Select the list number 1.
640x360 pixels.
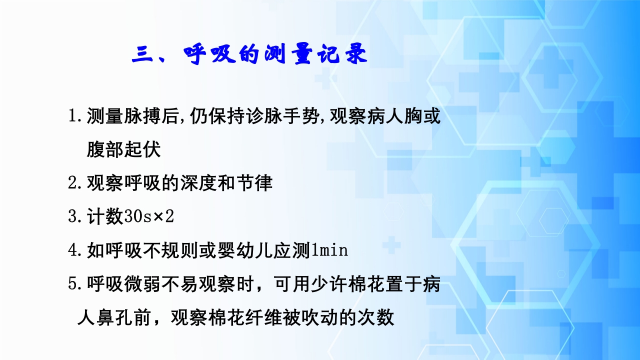coord(73,117)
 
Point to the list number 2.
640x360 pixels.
coord(73,183)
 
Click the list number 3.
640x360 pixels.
coord(73,216)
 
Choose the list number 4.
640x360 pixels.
coord(73,250)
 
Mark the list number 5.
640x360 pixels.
coord(73,284)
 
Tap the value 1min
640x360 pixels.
coord(329,250)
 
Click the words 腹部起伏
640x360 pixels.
coord(123,150)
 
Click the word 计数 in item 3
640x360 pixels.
coord(104,216)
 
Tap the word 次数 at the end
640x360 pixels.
coord(376,317)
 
